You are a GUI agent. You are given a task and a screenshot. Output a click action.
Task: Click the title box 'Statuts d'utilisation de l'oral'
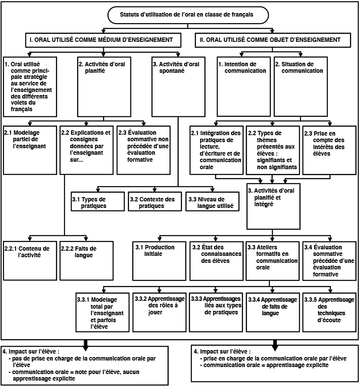(x=188, y=15)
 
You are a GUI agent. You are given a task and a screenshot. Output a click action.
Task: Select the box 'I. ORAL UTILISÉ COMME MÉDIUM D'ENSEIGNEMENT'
(x=103, y=40)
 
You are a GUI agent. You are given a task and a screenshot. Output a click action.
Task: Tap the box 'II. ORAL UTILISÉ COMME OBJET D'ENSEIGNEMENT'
(x=273, y=40)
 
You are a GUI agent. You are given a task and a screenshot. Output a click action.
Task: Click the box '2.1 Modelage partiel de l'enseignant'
(x=30, y=150)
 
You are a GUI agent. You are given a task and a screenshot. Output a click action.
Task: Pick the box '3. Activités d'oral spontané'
(x=178, y=87)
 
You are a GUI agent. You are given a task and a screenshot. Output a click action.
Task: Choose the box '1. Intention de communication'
(x=244, y=87)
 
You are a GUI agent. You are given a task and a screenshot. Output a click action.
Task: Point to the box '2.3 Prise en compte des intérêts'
(x=329, y=150)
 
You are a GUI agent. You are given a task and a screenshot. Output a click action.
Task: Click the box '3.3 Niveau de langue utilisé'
(x=213, y=201)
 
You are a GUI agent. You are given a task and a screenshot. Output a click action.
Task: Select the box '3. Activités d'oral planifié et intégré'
(x=273, y=206)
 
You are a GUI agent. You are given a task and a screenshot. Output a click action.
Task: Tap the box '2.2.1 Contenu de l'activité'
(x=30, y=261)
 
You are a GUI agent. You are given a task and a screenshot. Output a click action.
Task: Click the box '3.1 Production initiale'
(x=160, y=261)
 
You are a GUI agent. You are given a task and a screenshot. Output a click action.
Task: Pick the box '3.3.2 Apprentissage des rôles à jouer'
(x=160, y=312)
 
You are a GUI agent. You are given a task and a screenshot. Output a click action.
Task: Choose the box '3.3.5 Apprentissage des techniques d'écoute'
(x=329, y=312)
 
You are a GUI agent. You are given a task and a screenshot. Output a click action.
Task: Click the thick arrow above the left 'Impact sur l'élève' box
(x=85, y=345)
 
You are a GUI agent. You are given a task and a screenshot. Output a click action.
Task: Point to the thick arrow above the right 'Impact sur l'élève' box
(x=275, y=345)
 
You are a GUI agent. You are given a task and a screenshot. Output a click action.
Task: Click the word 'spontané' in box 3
(x=172, y=71)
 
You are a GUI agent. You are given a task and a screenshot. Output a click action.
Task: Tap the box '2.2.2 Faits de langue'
(x=87, y=261)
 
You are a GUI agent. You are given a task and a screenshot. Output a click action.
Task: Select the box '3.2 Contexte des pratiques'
(x=155, y=201)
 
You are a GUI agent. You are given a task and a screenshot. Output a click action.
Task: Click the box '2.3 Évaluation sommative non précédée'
(x=144, y=150)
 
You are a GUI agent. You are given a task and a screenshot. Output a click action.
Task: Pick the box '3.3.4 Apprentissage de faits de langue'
(x=273, y=312)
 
